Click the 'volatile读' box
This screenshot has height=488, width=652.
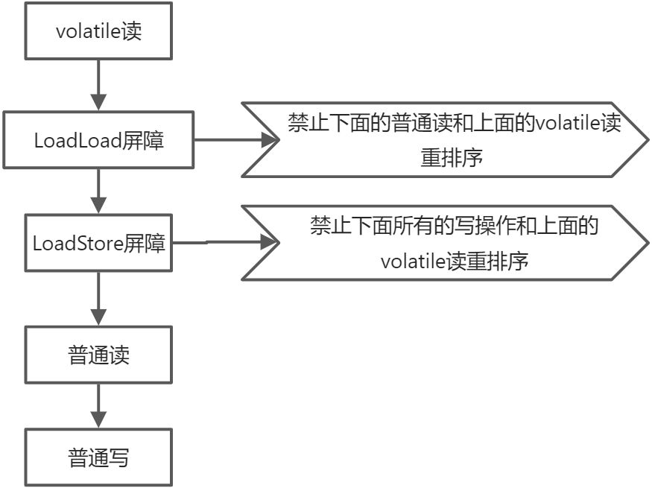98,32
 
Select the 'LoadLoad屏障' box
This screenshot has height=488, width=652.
98,140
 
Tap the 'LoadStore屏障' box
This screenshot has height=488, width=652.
98,243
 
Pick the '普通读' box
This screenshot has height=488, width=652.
98,355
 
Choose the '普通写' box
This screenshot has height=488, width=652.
98,457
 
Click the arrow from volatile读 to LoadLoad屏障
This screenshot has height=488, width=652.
98,83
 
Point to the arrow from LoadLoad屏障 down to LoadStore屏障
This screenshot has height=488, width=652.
98,191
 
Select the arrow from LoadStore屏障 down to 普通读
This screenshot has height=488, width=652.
98,298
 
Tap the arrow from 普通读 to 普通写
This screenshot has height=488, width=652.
98,405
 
